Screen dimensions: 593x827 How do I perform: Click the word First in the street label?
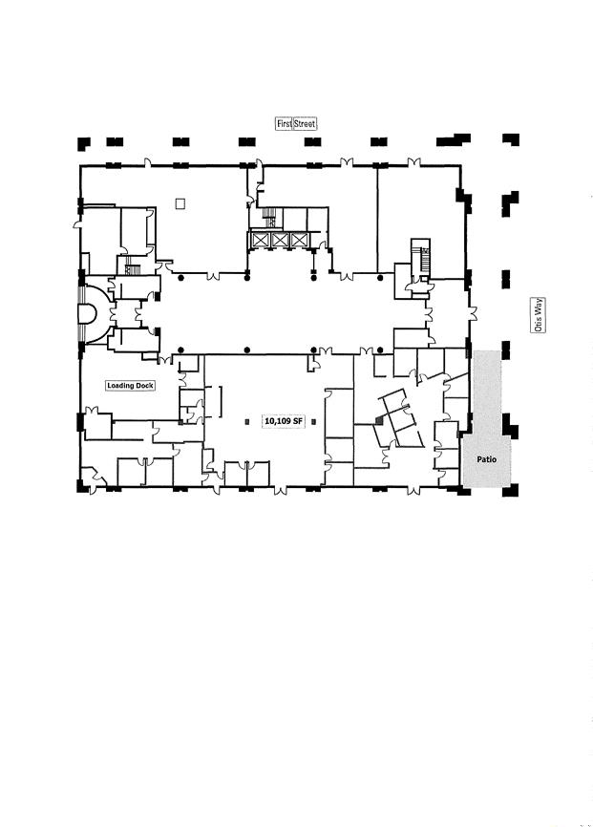285,123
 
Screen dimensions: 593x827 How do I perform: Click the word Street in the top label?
305,123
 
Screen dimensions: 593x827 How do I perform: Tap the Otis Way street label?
539,315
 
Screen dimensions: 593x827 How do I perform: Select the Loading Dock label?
130,386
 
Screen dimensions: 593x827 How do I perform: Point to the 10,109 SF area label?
284,421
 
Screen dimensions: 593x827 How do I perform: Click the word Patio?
486,459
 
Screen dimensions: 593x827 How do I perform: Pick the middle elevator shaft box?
280,240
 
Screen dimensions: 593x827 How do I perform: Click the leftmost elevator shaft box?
261,240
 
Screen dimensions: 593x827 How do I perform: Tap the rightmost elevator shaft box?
299,240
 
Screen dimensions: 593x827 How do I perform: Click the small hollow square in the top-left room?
180,203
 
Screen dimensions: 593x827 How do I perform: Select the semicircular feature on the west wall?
88,314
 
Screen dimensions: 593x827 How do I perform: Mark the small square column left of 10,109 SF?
247,421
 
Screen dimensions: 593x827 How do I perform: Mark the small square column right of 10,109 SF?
314,421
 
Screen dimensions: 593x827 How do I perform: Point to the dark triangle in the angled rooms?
379,419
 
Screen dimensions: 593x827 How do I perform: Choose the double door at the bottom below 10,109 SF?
281,491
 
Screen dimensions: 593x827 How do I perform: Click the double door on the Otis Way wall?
474,313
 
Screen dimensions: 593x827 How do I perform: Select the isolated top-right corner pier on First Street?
511,139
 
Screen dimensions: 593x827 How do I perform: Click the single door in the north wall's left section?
148,162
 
